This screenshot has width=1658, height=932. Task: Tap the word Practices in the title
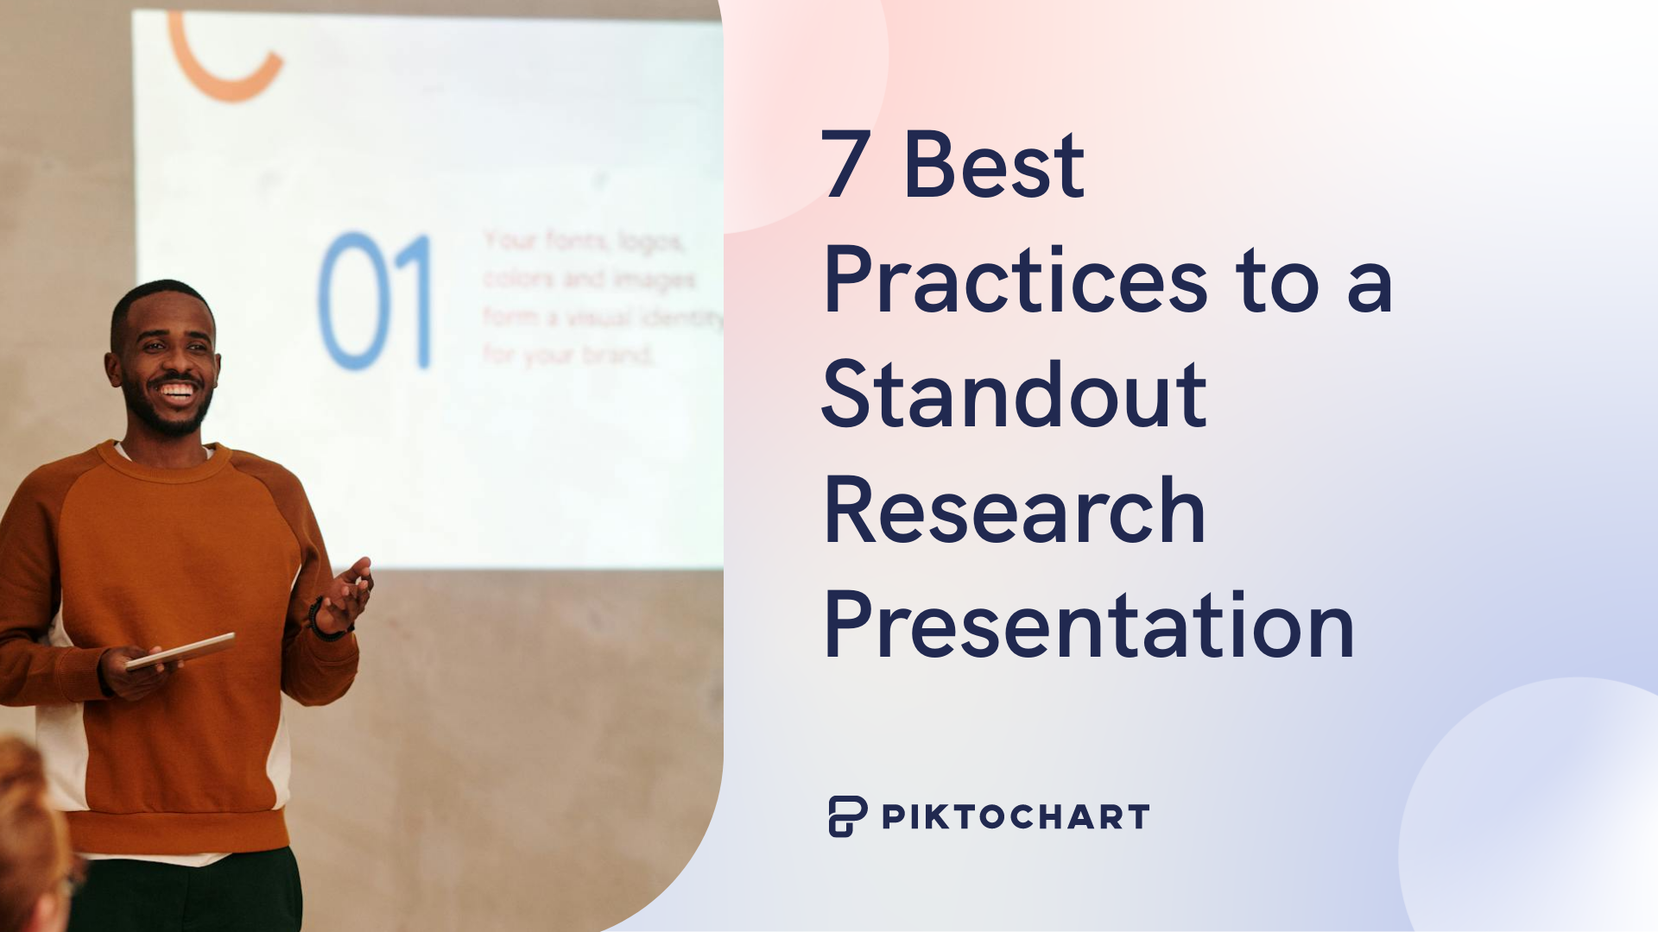(x=1016, y=280)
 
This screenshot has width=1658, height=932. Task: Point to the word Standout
(x=1014, y=394)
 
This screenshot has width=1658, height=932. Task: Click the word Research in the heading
(x=1014, y=511)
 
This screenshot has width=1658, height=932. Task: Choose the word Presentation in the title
(x=1089, y=626)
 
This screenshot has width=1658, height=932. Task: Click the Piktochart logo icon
(x=847, y=816)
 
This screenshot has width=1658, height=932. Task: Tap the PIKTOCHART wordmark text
(x=1016, y=817)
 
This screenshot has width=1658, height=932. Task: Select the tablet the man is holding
(x=181, y=651)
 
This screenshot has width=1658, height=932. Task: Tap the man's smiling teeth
(x=177, y=391)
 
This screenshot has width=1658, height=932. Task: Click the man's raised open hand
(x=350, y=591)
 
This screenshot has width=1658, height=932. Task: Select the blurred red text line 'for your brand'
(x=567, y=355)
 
